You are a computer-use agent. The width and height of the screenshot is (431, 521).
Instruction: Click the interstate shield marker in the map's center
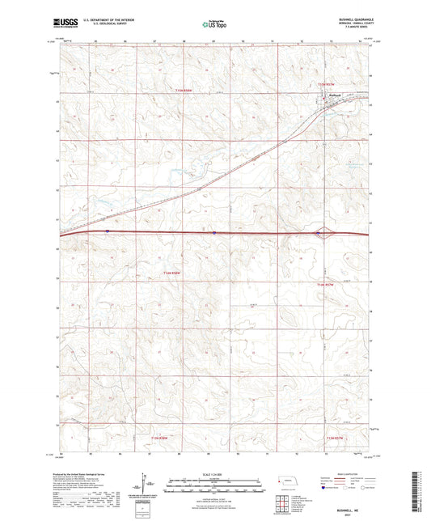(214, 232)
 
